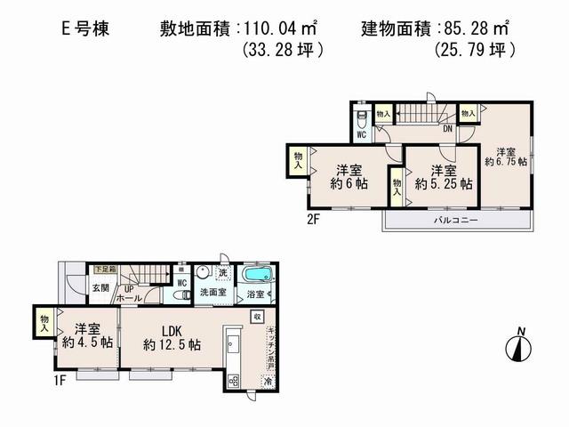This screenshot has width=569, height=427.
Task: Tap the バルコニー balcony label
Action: [457, 220]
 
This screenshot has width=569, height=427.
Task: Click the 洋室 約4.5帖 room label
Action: [86, 334]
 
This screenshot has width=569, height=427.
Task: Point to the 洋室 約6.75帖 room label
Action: [506, 157]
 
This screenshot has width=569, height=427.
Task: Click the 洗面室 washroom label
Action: [211, 291]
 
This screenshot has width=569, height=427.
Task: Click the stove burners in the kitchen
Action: [234, 381]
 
